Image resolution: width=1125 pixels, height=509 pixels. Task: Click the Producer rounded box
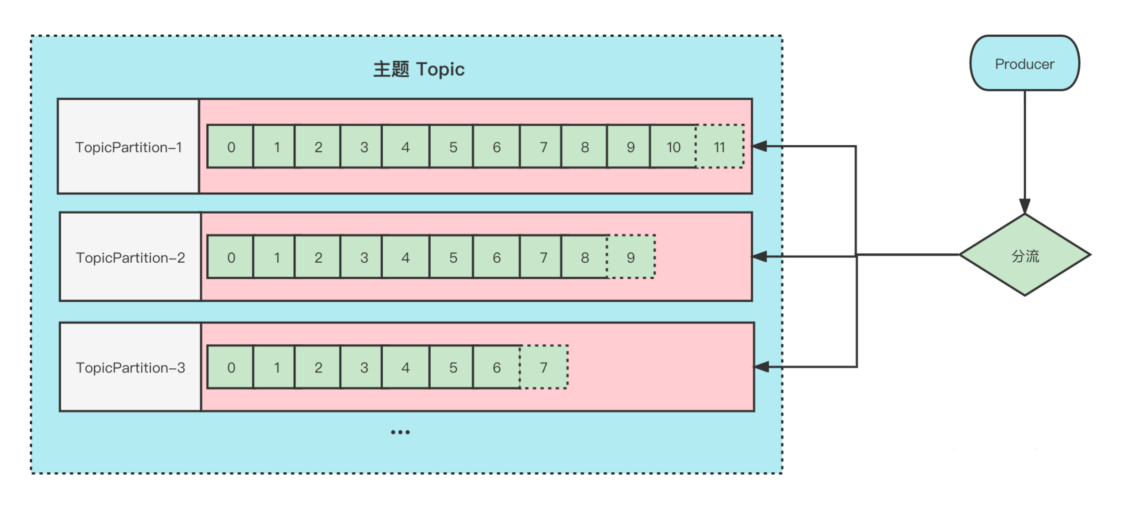click(x=1024, y=63)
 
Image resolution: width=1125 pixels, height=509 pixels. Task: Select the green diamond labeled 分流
click(x=1025, y=255)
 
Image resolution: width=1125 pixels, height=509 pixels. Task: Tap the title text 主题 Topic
click(x=419, y=69)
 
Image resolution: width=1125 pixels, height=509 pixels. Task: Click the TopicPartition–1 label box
click(x=128, y=146)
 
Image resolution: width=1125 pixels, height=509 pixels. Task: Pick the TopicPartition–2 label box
click(x=130, y=257)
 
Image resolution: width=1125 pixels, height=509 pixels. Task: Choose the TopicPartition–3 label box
click(x=130, y=367)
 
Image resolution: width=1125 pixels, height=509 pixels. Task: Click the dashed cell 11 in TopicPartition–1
click(x=720, y=147)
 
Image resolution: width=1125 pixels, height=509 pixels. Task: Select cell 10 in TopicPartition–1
click(x=673, y=147)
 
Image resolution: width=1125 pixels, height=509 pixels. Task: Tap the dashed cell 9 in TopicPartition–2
click(x=631, y=257)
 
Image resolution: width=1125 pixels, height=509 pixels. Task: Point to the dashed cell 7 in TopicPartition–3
click(x=544, y=367)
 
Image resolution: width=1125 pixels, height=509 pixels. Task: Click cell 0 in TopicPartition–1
click(x=230, y=147)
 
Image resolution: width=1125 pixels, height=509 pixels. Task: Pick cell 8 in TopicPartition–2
click(x=584, y=257)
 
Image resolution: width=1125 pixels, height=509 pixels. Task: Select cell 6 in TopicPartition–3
click(x=496, y=367)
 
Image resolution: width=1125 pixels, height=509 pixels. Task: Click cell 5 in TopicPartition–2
click(x=452, y=257)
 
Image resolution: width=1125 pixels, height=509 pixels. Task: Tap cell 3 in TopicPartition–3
click(x=364, y=367)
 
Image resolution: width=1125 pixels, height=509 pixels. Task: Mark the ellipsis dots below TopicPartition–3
click(x=400, y=432)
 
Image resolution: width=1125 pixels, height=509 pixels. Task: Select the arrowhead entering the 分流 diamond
click(x=1025, y=206)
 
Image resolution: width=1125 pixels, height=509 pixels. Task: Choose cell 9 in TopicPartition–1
click(x=630, y=147)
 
